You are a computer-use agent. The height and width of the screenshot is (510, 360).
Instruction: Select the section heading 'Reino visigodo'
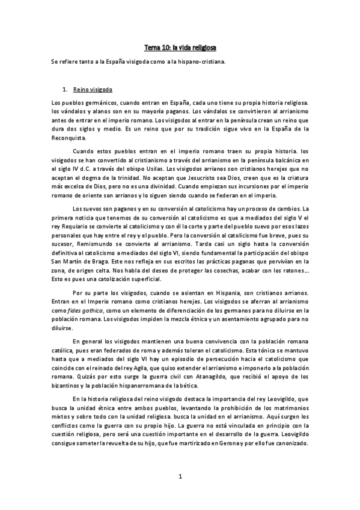88,88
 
